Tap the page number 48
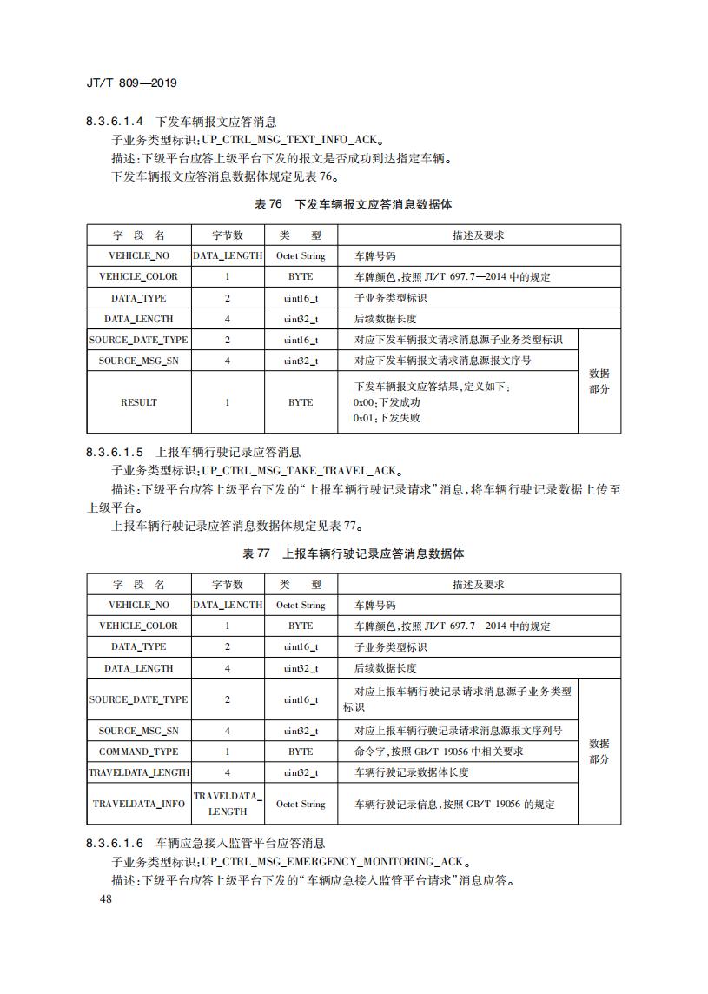(x=107, y=898)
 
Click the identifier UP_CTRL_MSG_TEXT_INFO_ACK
(x=291, y=140)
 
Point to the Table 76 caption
(x=353, y=204)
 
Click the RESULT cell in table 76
(x=139, y=402)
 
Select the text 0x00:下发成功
(x=387, y=402)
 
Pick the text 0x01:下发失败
(x=387, y=418)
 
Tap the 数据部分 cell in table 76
(x=599, y=381)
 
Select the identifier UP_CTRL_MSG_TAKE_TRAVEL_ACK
(x=299, y=470)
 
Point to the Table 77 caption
(x=353, y=553)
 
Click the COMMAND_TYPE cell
(x=139, y=752)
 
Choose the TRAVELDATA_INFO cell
(x=139, y=804)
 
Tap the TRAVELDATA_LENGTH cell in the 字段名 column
(x=139, y=772)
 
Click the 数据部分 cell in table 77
(x=599, y=752)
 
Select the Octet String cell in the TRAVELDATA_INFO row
(x=301, y=804)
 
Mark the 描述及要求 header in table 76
(x=479, y=235)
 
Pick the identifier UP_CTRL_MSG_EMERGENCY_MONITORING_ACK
(x=334, y=861)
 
